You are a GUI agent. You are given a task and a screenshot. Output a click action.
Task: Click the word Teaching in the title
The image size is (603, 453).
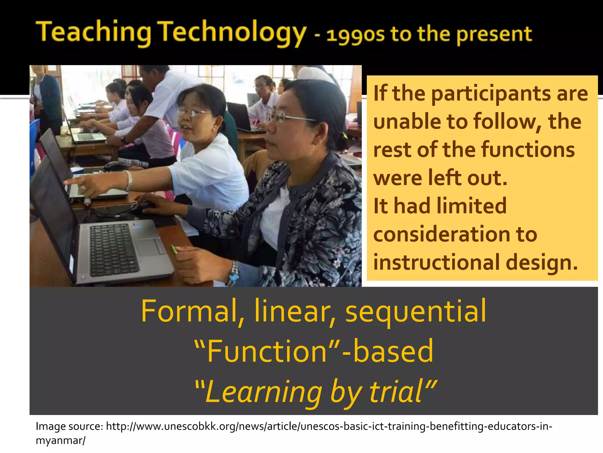click(x=94, y=32)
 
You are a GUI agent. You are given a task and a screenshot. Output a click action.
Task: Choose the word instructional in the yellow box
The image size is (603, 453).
click(x=437, y=262)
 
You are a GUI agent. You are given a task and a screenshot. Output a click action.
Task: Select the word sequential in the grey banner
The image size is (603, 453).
click(x=416, y=311)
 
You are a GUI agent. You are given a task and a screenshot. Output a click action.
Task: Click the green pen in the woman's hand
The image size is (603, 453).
click(x=174, y=250)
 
